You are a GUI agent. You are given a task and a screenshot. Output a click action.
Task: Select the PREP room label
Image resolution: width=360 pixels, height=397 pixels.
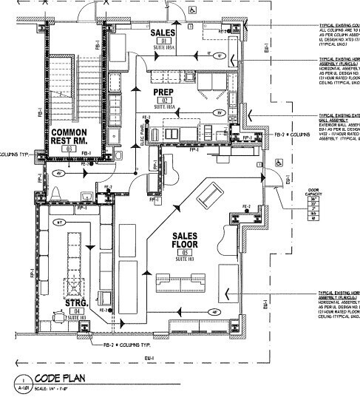(164, 93)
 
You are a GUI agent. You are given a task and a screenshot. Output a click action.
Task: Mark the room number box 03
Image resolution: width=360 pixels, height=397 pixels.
(70, 149)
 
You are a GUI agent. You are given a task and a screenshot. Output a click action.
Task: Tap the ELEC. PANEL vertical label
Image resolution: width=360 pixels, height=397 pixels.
(142, 133)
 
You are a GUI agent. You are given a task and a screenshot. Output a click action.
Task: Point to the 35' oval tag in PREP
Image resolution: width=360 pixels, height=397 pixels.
(220, 113)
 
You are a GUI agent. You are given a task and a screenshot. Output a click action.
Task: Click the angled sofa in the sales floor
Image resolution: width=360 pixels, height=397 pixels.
(210, 196)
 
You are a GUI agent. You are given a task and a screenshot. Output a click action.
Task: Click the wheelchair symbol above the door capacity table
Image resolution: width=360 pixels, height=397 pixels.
(278, 162)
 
